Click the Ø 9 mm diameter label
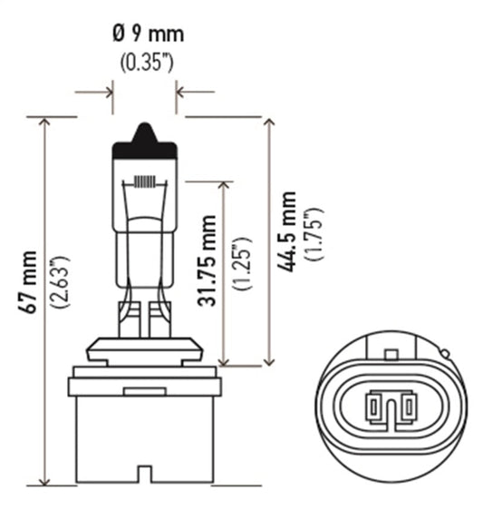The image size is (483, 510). click(x=147, y=35)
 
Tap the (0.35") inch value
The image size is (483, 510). click(x=147, y=64)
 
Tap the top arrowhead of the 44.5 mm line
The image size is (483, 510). click(x=269, y=122)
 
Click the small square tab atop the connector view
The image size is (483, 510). click(x=391, y=352)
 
